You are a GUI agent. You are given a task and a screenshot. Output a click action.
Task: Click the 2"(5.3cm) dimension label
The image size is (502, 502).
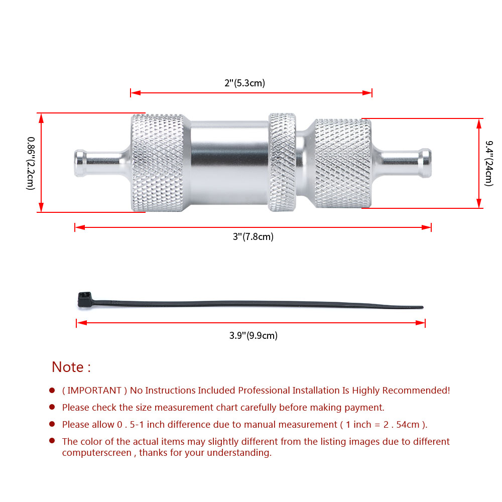click(244, 83)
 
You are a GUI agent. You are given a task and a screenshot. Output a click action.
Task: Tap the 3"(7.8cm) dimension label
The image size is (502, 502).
click(253, 237)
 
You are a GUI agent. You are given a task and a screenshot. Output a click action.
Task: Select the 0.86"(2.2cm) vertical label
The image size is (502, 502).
click(31, 163)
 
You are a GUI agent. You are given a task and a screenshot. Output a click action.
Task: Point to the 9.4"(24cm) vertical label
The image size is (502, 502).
click(488, 163)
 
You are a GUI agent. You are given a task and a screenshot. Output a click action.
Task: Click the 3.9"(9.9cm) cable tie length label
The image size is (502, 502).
click(253, 335)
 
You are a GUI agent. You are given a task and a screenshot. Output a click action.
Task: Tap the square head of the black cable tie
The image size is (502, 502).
click(85, 300)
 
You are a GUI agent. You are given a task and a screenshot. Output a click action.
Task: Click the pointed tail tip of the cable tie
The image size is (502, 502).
click(422, 307)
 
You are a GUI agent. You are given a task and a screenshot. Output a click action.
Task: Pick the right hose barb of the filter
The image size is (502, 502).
click(402, 163)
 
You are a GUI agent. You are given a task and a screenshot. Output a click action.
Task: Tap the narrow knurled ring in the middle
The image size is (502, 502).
click(282, 162)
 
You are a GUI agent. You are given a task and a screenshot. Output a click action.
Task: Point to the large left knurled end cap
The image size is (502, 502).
click(158, 163)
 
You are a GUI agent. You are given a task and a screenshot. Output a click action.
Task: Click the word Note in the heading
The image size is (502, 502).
click(68, 367)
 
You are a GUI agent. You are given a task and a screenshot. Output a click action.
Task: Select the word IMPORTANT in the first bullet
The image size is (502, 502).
click(94, 390)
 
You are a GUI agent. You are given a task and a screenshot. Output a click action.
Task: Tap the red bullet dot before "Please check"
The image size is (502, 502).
click(52, 407)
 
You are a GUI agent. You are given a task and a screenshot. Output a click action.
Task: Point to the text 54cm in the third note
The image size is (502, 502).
click(408, 425)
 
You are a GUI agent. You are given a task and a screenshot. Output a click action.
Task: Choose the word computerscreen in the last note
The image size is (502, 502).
click(97, 453)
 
